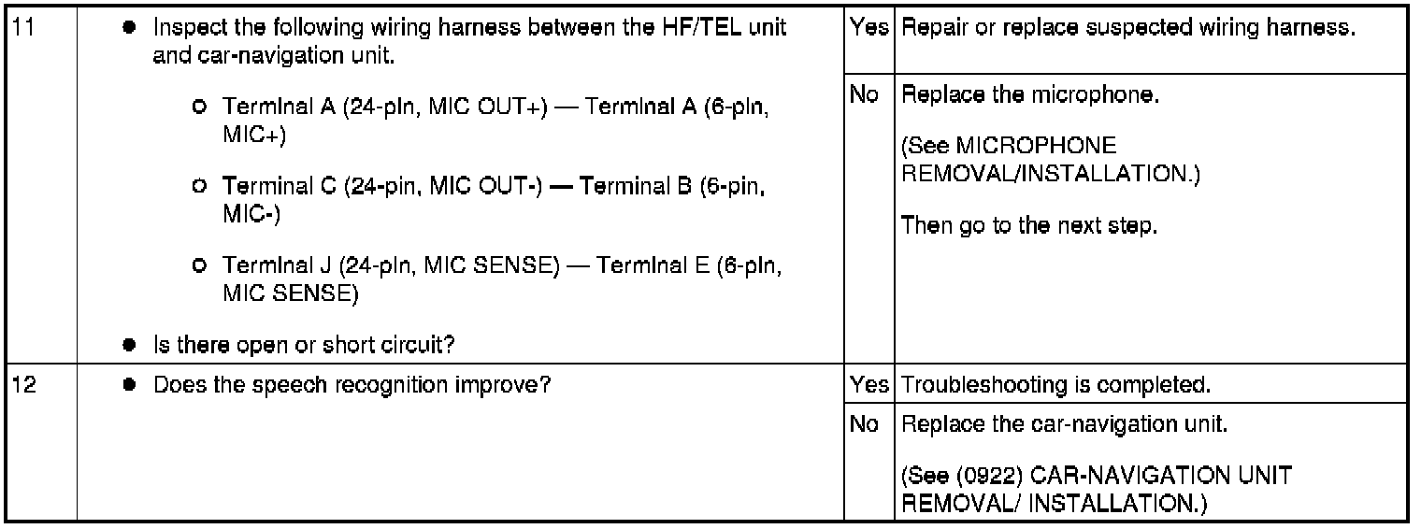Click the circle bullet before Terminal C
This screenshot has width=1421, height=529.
click(x=198, y=187)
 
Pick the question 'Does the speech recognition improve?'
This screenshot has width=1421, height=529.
click(x=351, y=384)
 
